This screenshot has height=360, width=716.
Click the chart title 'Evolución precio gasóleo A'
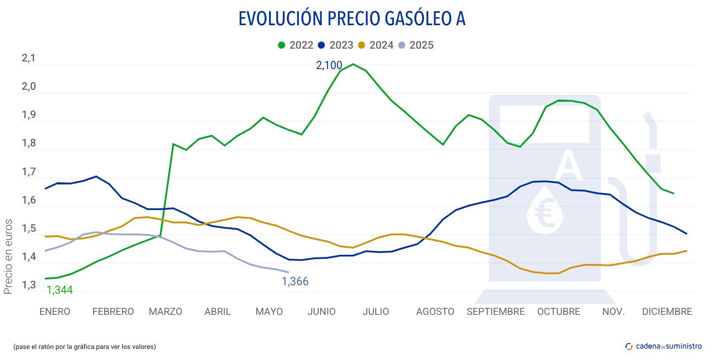pyautogui.click(x=352, y=19)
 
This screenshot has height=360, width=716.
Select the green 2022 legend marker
pyautogui.click(x=282, y=45)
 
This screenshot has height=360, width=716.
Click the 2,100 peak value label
pyautogui.click(x=329, y=65)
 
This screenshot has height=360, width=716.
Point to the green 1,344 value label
pyautogui.click(x=60, y=290)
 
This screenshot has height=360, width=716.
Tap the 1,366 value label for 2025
pyautogui.click(x=295, y=281)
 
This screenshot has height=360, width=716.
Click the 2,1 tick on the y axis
pyautogui.click(x=29, y=58)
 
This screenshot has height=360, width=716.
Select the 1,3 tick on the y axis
pyautogui.click(x=29, y=285)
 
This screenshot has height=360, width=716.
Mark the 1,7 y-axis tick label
pyautogui.click(x=29, y=172)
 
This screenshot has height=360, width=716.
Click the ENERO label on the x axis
pyautogui.click(x=55, y=312)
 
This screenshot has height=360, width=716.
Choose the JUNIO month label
pyautogui.click(x=321, y=312)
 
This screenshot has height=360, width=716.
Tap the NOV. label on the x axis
pyautogui.click(x=613, y=312)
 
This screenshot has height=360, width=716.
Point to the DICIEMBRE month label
pyautogui.click(x=667, y=312)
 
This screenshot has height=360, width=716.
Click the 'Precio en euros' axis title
pyautogui.click(x=8, y=257)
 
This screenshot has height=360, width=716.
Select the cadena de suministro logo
pyautogui.click(x=663, y=346)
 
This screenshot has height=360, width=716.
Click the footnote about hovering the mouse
pyautogui.click(x=84, y=347)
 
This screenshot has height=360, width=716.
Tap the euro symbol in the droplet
pyautogui.click(x=545, y=212)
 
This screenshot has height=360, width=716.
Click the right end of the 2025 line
pyautogui.click(x=288, y=272)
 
